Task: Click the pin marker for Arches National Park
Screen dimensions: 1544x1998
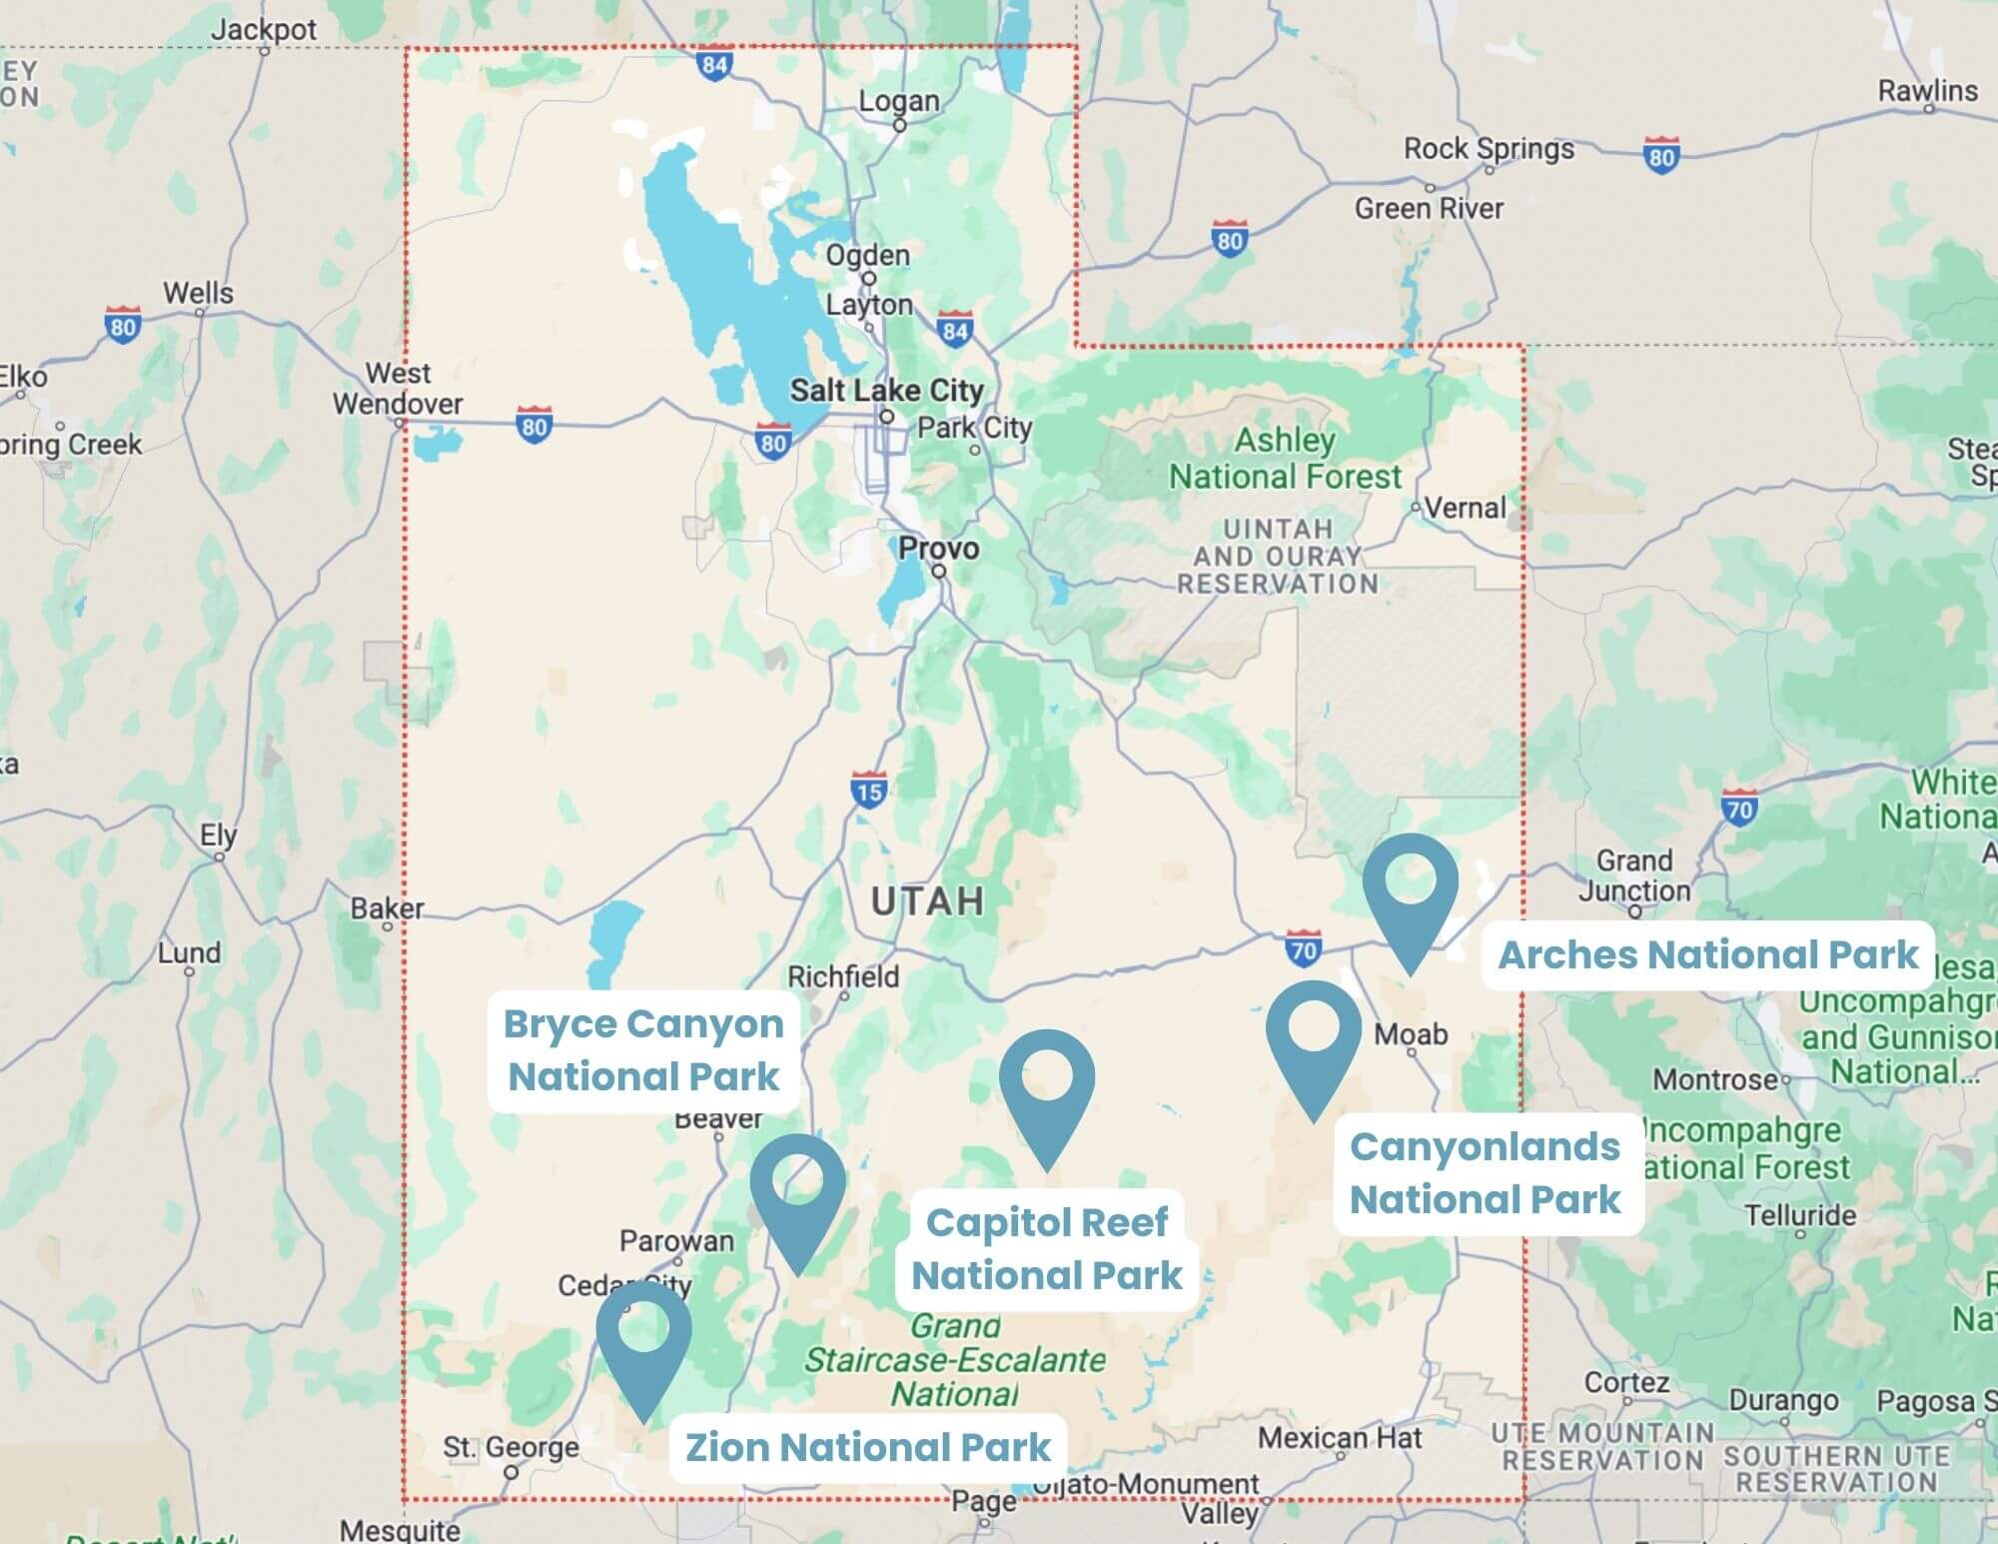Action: [x=1411, y=888]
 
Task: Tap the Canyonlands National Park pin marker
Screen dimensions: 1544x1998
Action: [x=1314, y=1035]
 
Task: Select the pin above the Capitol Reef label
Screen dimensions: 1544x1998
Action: [x=1047, y=1084]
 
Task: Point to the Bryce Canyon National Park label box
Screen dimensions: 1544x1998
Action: [x=643, y=1050]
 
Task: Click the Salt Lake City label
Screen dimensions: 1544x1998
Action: [x=887, y=390]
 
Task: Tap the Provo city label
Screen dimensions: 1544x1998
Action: [x=938, y=548]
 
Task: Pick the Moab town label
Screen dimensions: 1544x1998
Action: [x=1411, y=1034]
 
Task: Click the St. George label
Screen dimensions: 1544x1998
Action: [x=510, y=1447]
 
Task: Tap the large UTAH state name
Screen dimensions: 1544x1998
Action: [x=928, y=901]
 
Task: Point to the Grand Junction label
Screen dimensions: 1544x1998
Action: [x=1634, y=875]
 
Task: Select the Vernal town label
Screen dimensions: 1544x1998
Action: [x=1465, y=508]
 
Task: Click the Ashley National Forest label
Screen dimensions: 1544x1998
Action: [x=1286, y=459]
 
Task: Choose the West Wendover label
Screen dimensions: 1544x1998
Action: [x=399, y=389]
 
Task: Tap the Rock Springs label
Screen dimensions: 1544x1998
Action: [x=1489, y=149]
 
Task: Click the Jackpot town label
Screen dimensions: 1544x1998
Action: [x=264, y=30]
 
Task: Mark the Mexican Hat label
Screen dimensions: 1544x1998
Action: [x=1340, y=1438]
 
